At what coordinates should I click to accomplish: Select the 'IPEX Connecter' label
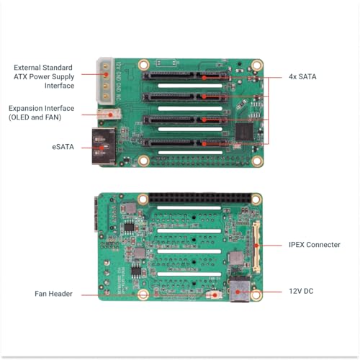point(314,245)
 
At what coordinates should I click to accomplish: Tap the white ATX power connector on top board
point(106,79)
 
